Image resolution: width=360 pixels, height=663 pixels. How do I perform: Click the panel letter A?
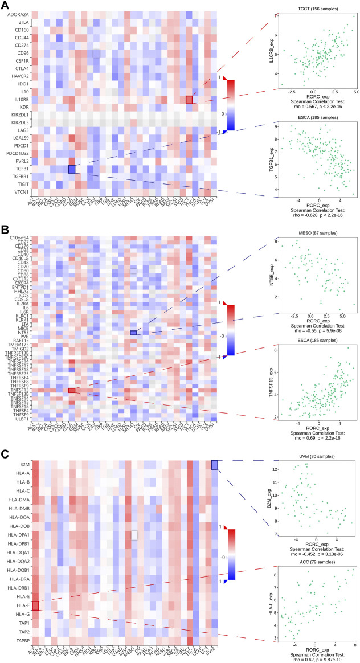[x=5, y=6]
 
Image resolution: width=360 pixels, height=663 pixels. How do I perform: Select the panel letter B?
[x=5, y=231]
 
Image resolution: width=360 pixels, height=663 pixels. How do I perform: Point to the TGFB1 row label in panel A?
[x=20, y=169]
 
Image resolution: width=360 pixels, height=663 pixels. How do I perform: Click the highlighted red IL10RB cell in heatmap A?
[x=189, y=100]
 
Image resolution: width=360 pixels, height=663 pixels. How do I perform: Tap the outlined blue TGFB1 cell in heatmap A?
[x=72, y=169]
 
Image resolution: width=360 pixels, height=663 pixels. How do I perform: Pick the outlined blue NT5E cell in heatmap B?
[x=133, y=333]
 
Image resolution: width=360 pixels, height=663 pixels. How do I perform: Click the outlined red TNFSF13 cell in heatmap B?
[x=72, y=390]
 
